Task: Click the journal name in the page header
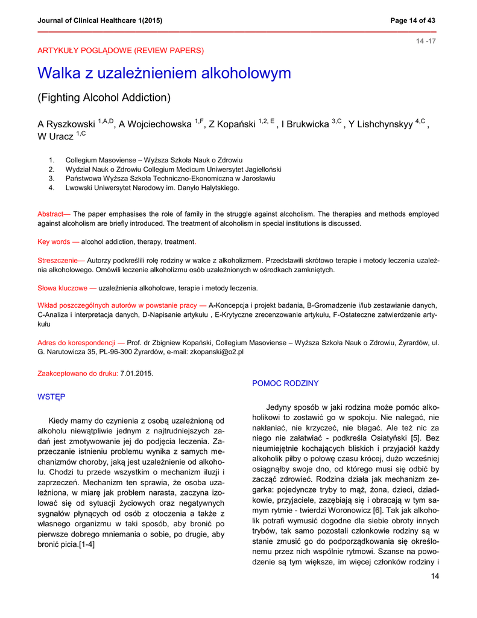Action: point(100,21)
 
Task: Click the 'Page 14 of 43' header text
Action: point(413,21)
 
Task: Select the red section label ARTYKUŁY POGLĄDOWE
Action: point(121,50)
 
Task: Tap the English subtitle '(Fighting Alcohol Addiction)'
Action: point(104,97)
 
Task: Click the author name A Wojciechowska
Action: point(155,124)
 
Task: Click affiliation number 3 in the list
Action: point(52,179)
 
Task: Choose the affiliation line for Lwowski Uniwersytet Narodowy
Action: point(152,188)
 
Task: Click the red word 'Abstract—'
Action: point(54,214)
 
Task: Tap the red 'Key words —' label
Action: point(58,242)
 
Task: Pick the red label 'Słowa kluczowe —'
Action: point(67,288)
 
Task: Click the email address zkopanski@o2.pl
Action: point(215,352)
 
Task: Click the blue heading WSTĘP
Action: point(52,397)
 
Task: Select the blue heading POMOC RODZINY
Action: point(285,383)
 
